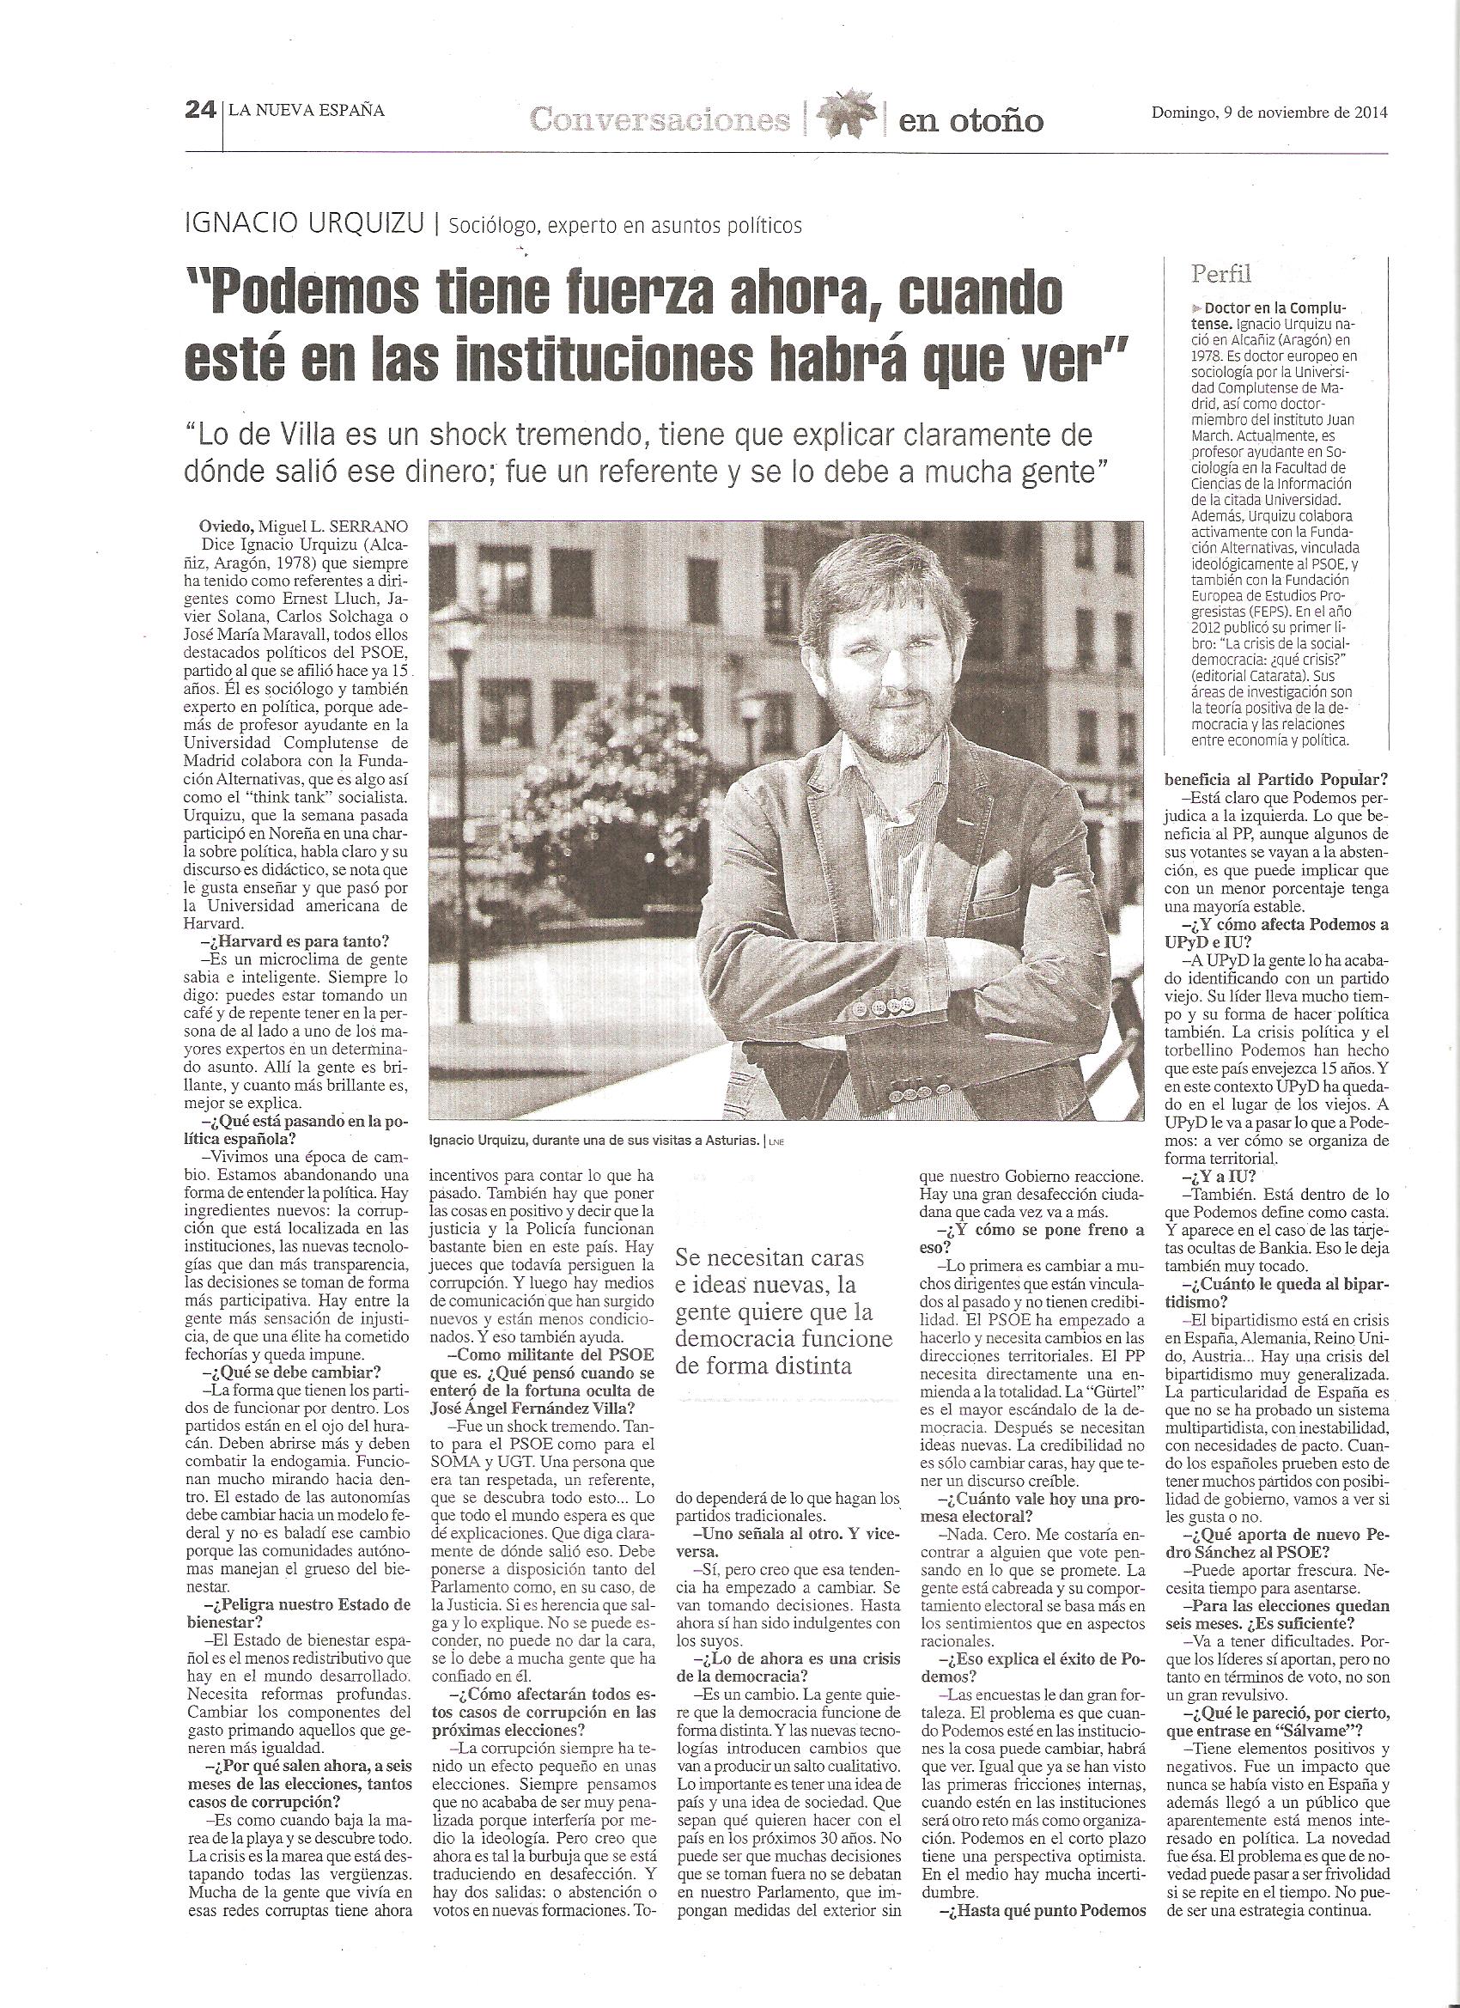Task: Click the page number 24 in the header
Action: click(200, 111)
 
